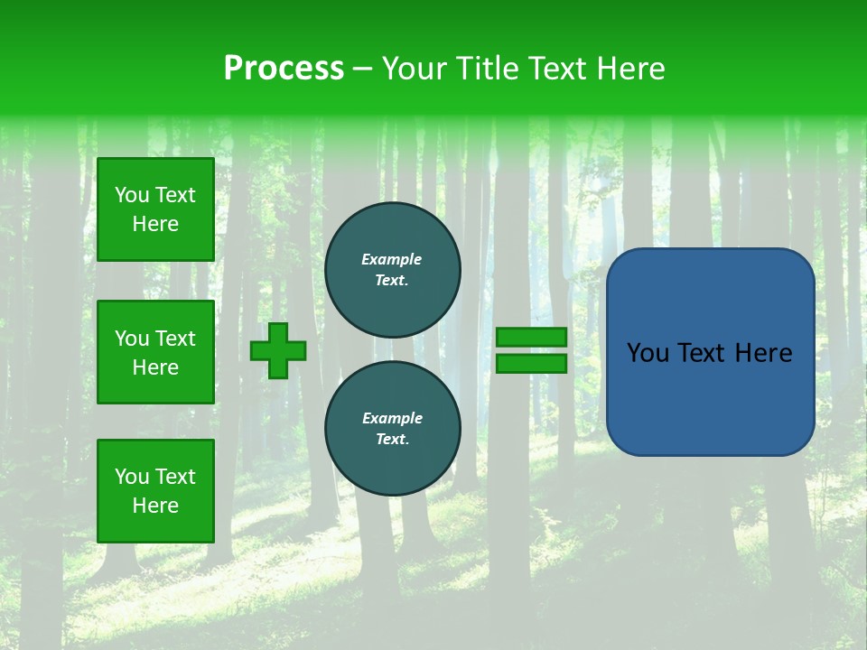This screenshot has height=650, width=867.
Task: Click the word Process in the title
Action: [284, 69]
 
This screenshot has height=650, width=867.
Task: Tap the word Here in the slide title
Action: [629, 69]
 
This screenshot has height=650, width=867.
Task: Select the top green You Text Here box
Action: [155, 209]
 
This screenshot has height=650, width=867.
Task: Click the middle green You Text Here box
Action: [155, 352]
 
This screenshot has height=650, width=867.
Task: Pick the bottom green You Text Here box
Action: [155, 491]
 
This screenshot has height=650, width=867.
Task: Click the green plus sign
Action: [278, 350]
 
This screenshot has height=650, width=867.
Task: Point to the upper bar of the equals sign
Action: [531, 337]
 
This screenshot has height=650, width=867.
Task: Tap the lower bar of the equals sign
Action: [531, 363]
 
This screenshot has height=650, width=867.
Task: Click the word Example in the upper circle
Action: [391, 259]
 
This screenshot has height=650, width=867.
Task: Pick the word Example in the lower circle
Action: [392, 418]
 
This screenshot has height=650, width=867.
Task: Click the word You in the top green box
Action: [132, 195]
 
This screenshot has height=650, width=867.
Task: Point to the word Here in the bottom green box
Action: [155, 506]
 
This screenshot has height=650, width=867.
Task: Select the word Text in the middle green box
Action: [174, 339]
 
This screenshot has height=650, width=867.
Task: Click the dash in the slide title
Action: [363, 69]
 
